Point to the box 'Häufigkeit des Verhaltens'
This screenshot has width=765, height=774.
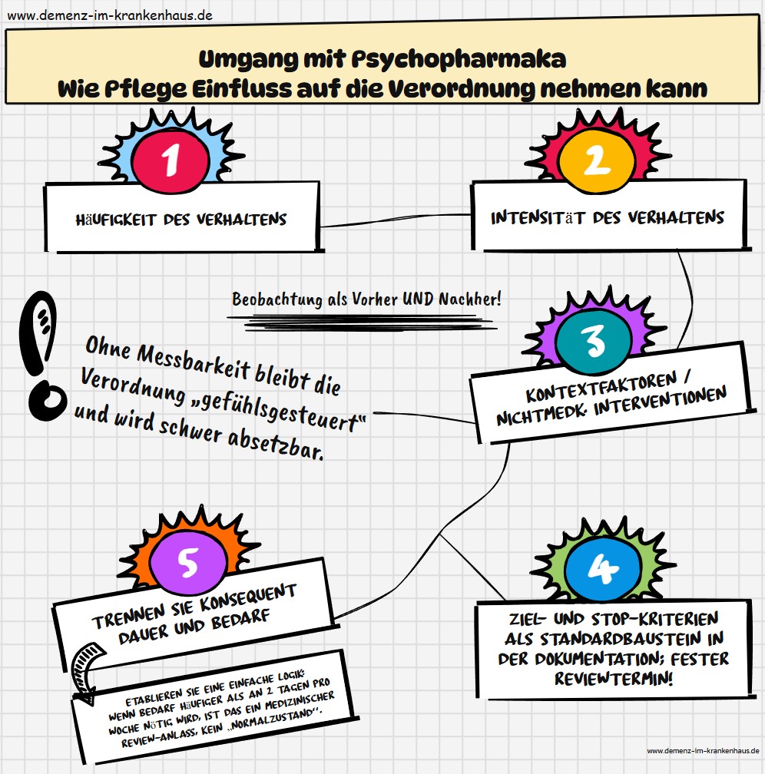181,219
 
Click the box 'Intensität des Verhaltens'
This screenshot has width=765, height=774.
607,217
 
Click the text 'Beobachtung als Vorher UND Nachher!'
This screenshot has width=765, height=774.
366,299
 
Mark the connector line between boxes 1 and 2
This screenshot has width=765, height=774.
396,220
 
